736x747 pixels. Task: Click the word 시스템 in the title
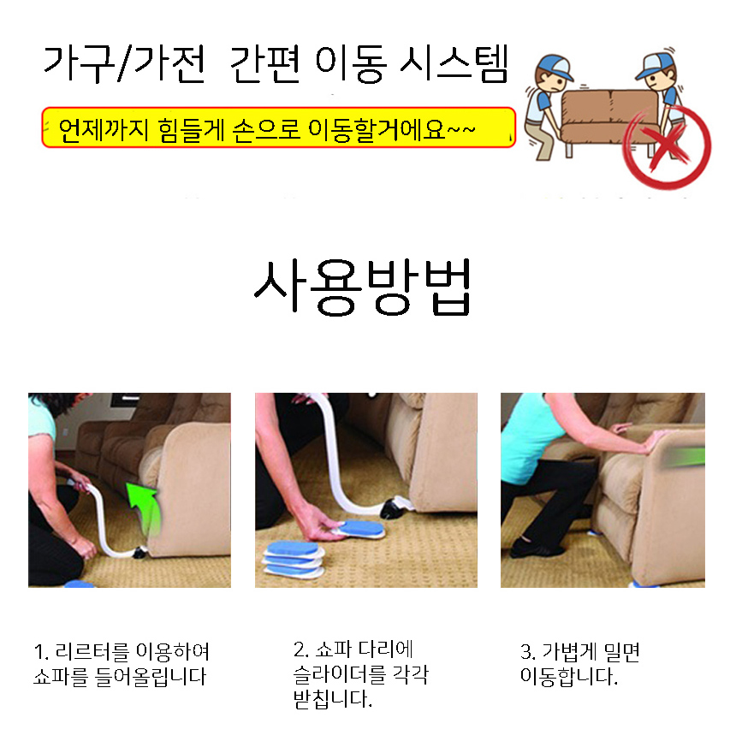454,64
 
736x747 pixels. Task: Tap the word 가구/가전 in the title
124,64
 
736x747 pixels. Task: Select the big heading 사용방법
363,288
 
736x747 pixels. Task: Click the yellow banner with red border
279,127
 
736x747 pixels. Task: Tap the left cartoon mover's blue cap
554,68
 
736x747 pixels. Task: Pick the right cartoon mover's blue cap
655,65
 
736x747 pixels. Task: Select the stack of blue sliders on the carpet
294,560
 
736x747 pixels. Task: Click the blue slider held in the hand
360,530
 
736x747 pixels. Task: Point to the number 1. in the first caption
41,652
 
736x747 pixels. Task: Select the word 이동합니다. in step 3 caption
569,676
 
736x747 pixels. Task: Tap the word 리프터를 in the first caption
92,652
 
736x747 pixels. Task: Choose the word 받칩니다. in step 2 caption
333,699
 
